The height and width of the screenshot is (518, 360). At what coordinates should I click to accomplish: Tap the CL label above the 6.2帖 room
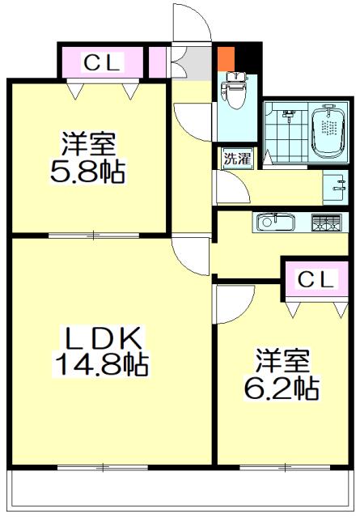click(316, 279)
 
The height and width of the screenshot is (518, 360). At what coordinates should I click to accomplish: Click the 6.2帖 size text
click(282, 388)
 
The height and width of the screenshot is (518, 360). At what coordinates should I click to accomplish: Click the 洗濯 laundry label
click(237, 158)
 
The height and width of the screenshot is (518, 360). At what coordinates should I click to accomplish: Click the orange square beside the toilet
click(226, 59)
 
